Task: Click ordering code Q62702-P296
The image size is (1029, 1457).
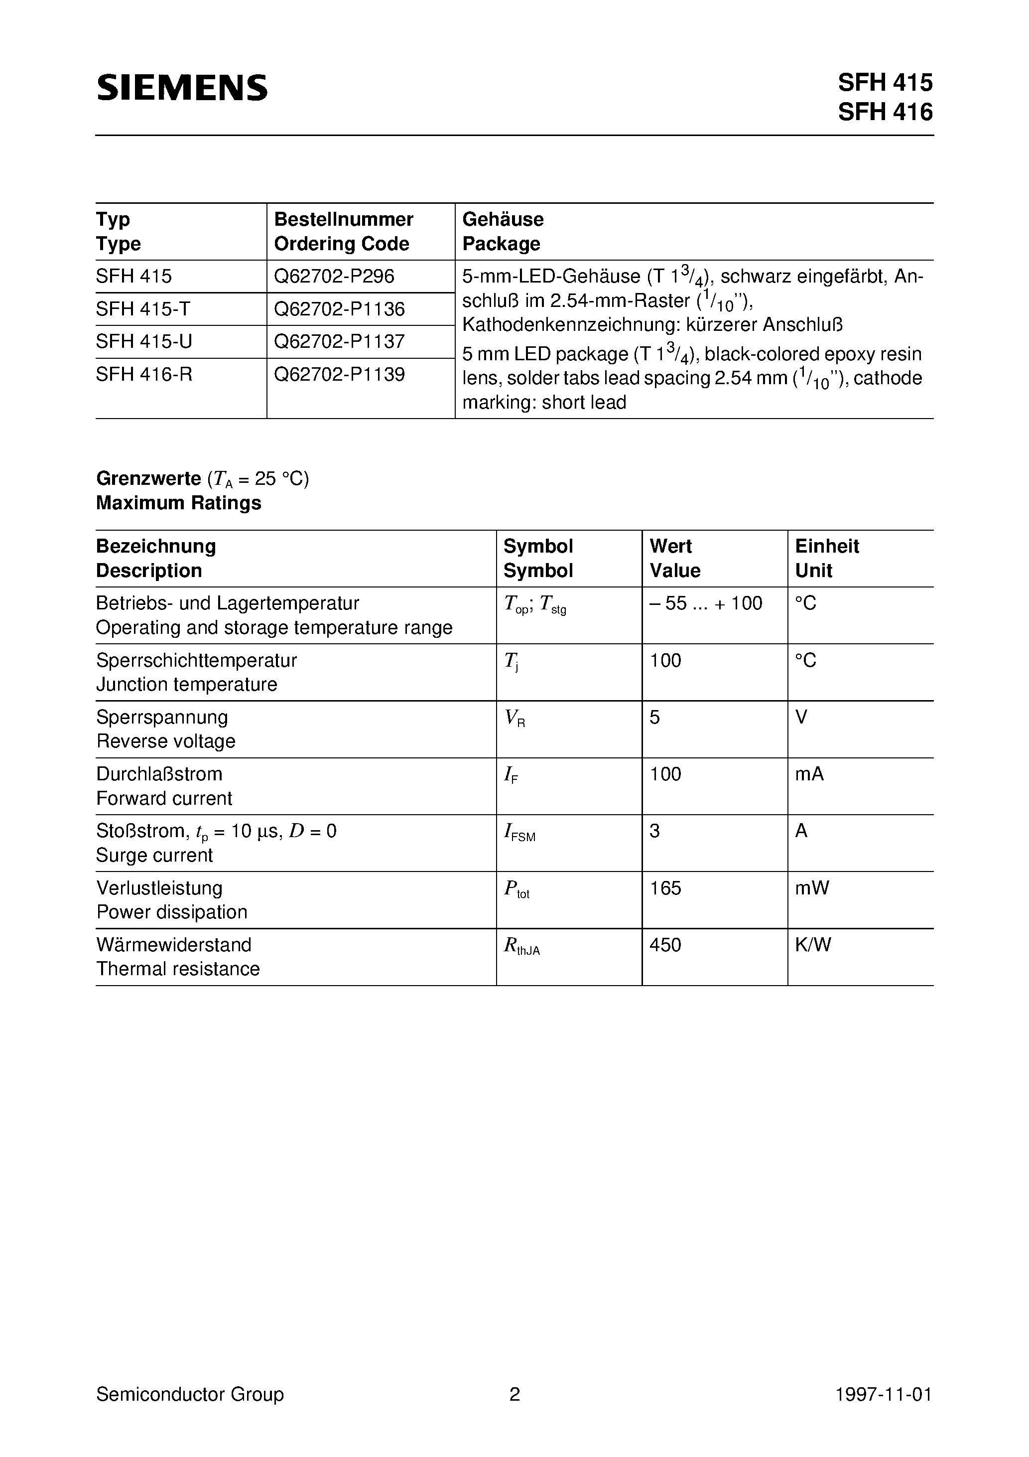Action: (x=334, y=276)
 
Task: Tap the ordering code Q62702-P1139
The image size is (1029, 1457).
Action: (x=339, y=374)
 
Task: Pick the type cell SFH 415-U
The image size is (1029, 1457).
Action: (x=144, y=341)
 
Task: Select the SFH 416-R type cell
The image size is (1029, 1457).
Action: (x=144, y=374)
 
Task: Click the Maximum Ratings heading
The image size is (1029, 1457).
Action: (x=178, y=503)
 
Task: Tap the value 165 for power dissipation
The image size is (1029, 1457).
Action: (x=665, y=888)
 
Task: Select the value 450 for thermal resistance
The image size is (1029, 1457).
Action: (x=665, y=945)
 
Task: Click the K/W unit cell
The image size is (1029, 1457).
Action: (x=813, y=945)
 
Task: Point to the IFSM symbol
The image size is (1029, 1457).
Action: (x=519, y=833)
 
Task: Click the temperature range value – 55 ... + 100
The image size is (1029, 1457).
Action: (x=705, y=603)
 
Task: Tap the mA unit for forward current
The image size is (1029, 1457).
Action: (x=809, y=774)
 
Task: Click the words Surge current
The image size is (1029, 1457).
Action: (x=154, y=856)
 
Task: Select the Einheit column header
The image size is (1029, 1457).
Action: (x=827, y=546)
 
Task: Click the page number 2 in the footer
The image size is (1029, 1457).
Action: (x=514, y=1394)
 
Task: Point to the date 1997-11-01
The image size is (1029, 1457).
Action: (x=883, y=1394)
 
